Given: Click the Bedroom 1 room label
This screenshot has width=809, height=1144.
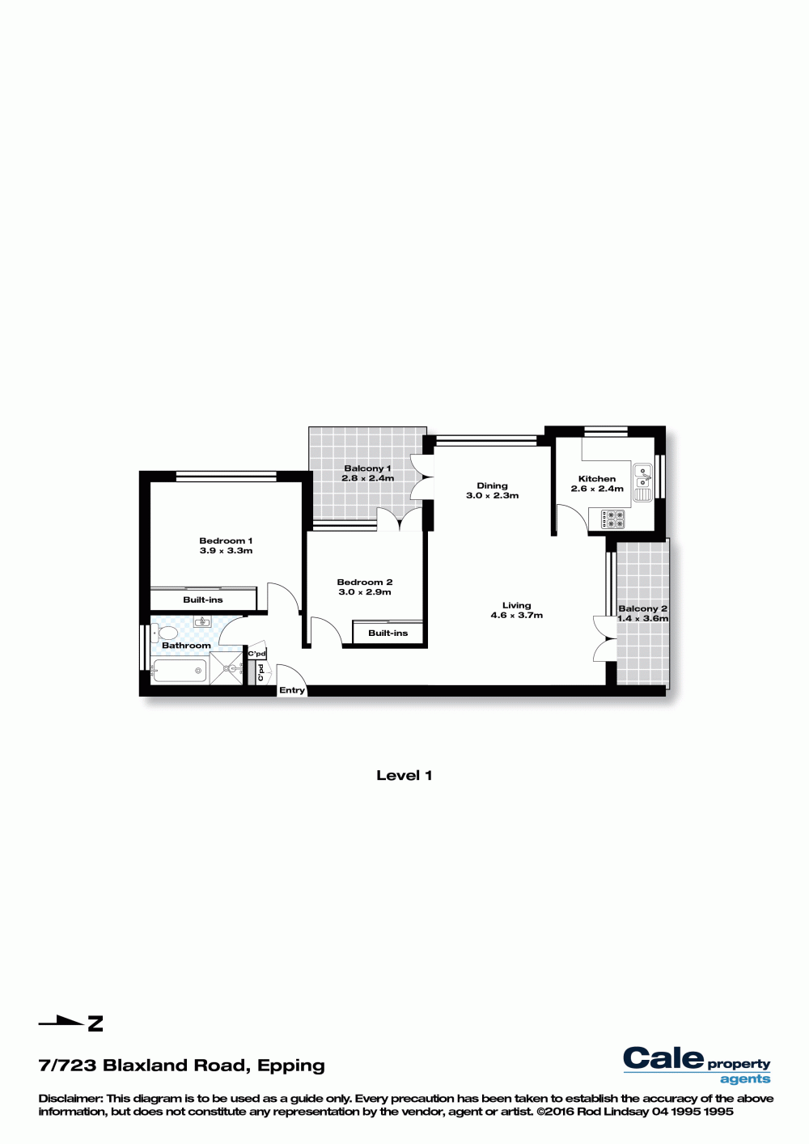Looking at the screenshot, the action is point(226,540).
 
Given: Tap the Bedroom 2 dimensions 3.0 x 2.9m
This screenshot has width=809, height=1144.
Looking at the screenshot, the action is point(365,592).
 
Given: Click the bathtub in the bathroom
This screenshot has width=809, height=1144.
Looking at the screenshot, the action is point(180,671).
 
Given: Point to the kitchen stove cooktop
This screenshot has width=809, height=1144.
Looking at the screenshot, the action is point(612,519).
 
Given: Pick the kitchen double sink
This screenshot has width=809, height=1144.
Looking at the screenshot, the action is point(643,482).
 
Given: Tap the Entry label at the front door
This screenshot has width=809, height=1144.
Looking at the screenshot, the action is point(292,690).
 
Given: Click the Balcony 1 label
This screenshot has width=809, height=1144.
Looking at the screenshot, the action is point(367,468).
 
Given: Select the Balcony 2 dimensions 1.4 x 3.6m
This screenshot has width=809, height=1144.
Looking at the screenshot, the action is point(642,618).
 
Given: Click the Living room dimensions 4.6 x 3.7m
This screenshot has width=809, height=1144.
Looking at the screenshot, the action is point(517,615).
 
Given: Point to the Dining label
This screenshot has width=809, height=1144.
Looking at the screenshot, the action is point(493,485).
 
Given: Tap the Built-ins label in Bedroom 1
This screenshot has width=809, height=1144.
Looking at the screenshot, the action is point(203,600).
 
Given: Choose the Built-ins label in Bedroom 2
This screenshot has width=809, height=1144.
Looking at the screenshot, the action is point(388,633).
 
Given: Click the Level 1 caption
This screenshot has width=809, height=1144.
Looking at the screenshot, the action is point(404,775).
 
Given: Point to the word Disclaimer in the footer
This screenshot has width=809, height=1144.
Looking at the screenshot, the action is point(70,1098).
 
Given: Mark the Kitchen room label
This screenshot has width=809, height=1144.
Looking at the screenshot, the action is point(597,478).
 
